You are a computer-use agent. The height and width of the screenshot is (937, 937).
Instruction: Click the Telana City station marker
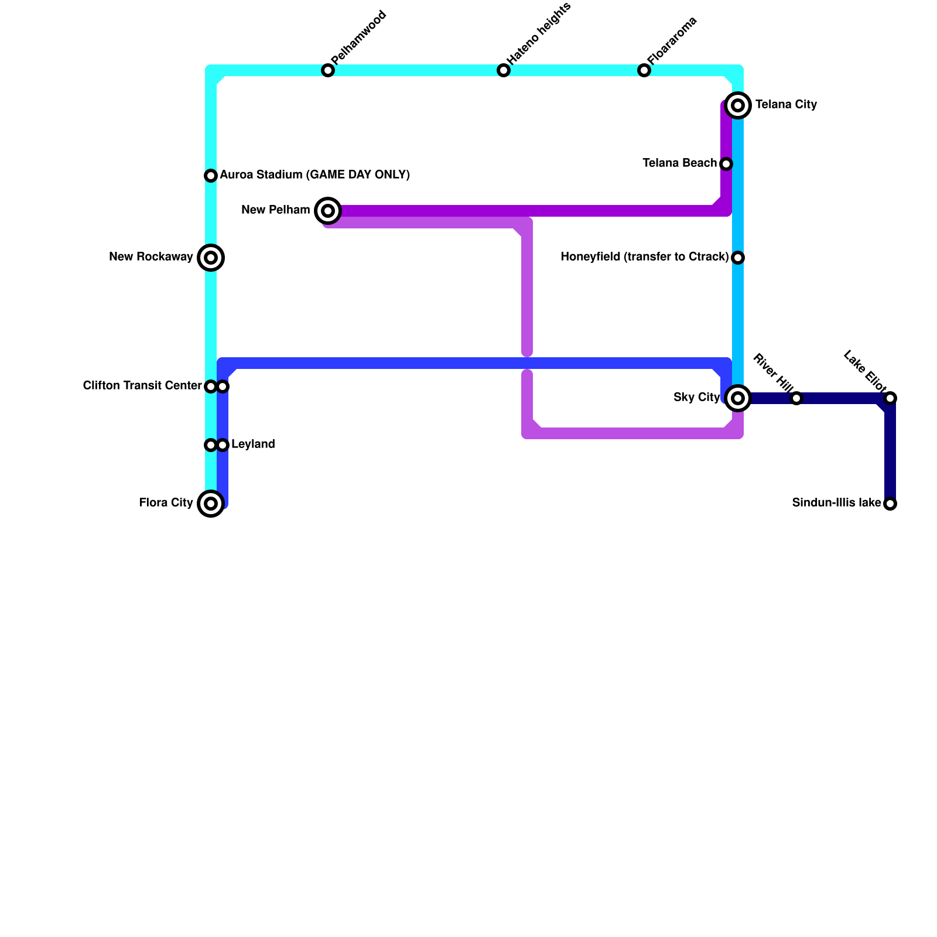tap(738, 105)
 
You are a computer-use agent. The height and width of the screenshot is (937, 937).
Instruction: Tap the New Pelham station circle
tap(328, 211)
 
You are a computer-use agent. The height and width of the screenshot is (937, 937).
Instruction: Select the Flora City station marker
tap(211, 504)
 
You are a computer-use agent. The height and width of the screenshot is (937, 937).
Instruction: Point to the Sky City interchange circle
tap(738, 398)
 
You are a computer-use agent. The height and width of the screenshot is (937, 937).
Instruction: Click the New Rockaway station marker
tap(211, 258)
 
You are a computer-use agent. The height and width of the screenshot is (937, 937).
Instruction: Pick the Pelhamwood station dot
tap(328, 70)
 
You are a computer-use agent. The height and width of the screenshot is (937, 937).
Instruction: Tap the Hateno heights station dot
tap(504, 70)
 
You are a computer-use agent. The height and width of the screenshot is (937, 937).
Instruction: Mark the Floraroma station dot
tap(644, 70)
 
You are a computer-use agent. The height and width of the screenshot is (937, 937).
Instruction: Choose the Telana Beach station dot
tap(726, 164)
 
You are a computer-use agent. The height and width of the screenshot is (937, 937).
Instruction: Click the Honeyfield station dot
tap(738, 258)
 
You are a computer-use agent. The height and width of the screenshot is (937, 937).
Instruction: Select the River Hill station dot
tap(796, 398)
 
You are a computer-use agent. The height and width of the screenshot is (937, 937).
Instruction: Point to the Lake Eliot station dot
tap(890, 398)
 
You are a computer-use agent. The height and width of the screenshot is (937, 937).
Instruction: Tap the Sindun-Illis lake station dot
tap(890, 504)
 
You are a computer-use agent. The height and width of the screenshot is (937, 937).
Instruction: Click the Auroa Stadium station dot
tap(211, 176)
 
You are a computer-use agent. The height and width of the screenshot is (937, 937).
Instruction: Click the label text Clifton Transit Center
tap(142, 386)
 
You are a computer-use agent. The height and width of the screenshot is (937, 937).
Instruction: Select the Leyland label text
tap(253, 444)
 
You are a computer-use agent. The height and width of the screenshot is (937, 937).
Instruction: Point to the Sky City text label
tap(696, 398)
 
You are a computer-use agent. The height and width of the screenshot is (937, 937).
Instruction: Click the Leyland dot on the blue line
tap(223, 445)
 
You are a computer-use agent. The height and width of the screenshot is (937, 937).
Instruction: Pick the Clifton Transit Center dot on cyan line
tap(211, 387)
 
